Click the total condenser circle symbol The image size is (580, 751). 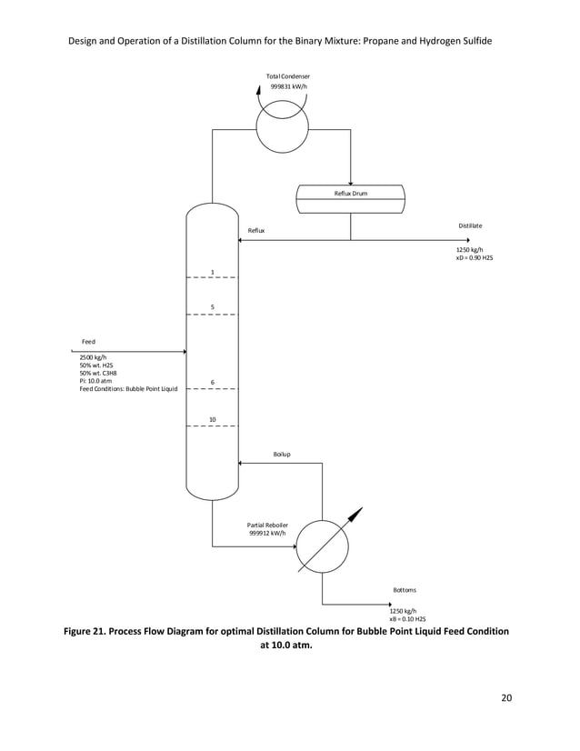point(283,127)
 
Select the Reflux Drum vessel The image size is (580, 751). point(350,199)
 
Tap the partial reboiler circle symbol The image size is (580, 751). point(323,546)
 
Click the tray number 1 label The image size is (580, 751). point(212,272)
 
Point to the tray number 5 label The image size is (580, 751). point(212,307)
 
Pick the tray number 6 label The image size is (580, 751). point(212,382)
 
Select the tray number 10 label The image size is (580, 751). point(212,419)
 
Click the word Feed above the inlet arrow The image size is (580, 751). point(89,341)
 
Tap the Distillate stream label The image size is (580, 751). point(470,225)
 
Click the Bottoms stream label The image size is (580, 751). point(405,589)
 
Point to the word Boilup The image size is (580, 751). point(282,453)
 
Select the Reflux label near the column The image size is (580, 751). point(257,231)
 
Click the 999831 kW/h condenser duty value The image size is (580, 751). point(287,86)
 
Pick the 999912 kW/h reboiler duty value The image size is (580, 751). point(267,534)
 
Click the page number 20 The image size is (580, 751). point(506,698)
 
